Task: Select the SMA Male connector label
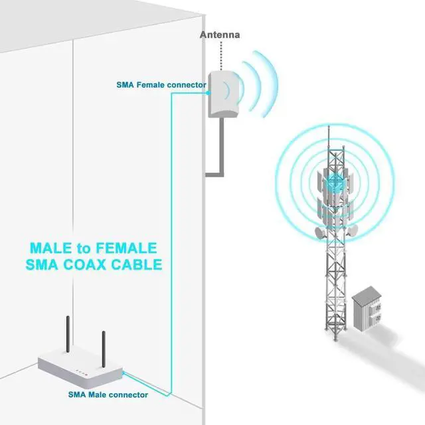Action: tap(108, 394)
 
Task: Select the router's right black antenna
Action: tap(103, 346)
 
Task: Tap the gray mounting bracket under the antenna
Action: tap(216, 159)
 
